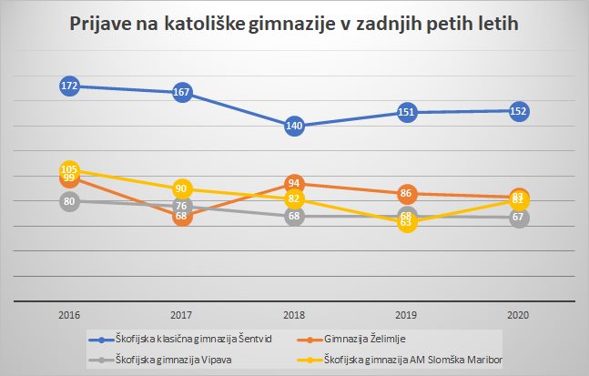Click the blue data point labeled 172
tap(69, 86)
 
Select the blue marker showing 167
tap(182, 92)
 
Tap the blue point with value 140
tap(294, 127)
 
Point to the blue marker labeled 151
tap(407, 113)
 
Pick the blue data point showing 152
tap(519, 111)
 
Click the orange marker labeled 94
tap(294, 183)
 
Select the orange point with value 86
tap(407, 193)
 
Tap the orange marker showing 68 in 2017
tap(182, 216)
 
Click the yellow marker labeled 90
tap(182, 188)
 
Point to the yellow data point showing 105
tap(69, 169)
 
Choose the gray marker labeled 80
tap(69, 201)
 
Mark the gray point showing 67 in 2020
tap(519, 218)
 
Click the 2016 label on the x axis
tap(69, 314)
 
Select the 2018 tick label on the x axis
tap(294, 314)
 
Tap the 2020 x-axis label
tap(519, 314)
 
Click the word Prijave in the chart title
tap(100, 25)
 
